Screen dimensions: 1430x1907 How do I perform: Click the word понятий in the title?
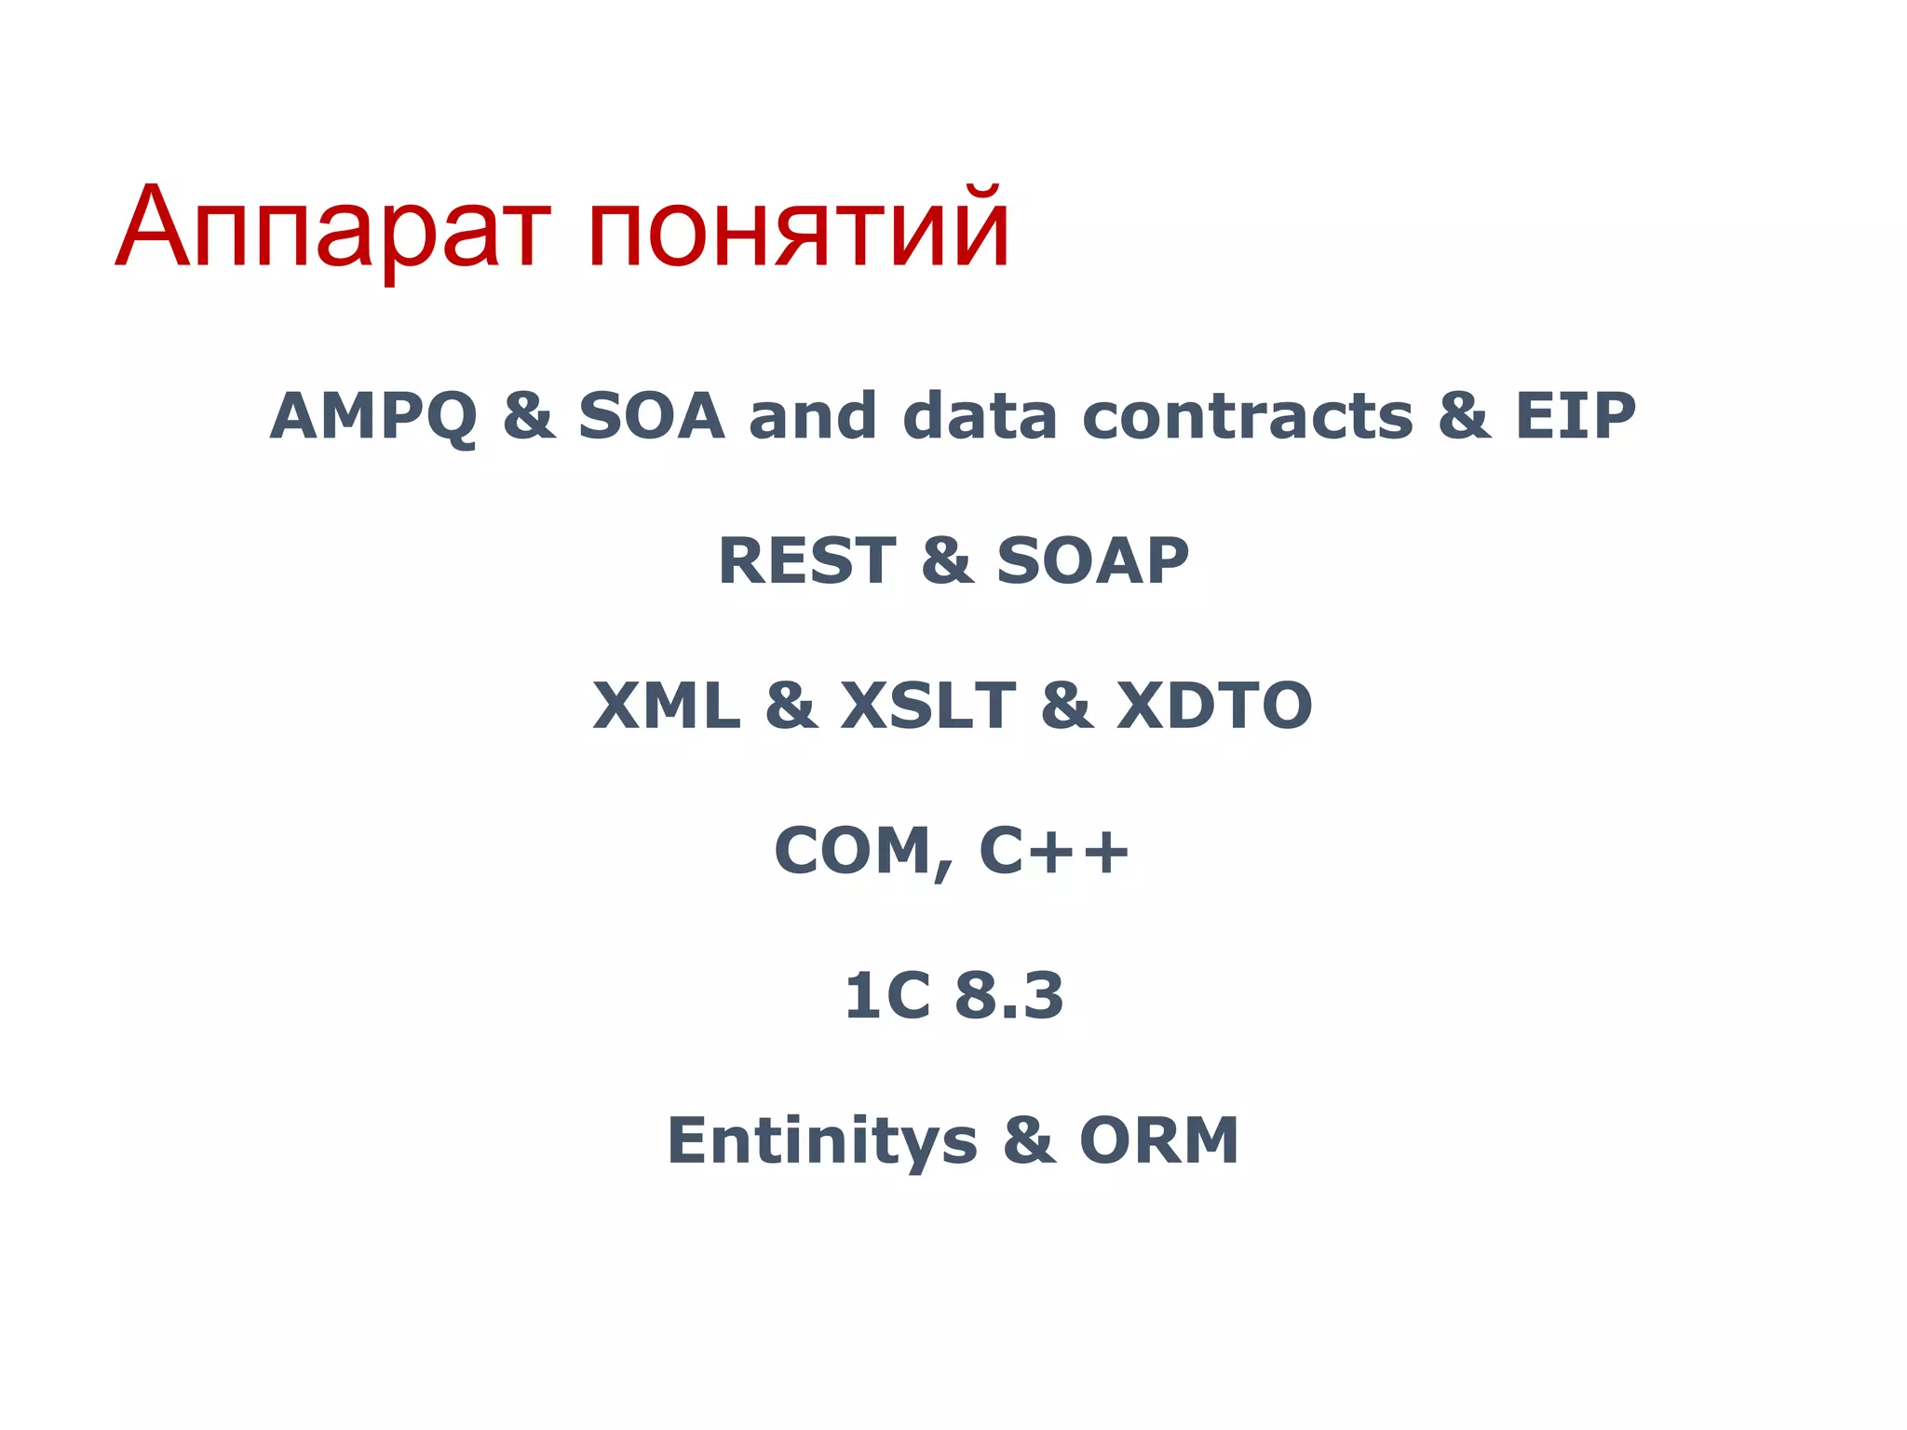798,228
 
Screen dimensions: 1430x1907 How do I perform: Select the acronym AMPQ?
373,416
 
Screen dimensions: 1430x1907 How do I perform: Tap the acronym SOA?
651,416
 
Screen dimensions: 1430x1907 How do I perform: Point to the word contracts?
1248,416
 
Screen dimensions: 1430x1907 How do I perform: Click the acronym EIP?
1575,416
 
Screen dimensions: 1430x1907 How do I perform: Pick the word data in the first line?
980,416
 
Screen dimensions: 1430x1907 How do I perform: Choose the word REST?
806,561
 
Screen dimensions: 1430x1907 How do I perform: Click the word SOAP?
1092,561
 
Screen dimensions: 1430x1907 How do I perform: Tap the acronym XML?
667,706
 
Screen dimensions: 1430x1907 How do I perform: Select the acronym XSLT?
927,706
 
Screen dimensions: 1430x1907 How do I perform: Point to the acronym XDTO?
1214,706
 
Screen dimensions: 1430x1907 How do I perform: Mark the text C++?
1053,851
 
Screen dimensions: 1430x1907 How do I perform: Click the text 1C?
886,996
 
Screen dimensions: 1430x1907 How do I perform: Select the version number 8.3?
1009,996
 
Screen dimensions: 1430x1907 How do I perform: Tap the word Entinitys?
822,1141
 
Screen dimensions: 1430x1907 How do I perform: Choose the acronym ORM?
1158,1141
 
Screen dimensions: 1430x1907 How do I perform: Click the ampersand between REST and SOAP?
947,561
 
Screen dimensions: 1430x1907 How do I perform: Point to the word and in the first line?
813,416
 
